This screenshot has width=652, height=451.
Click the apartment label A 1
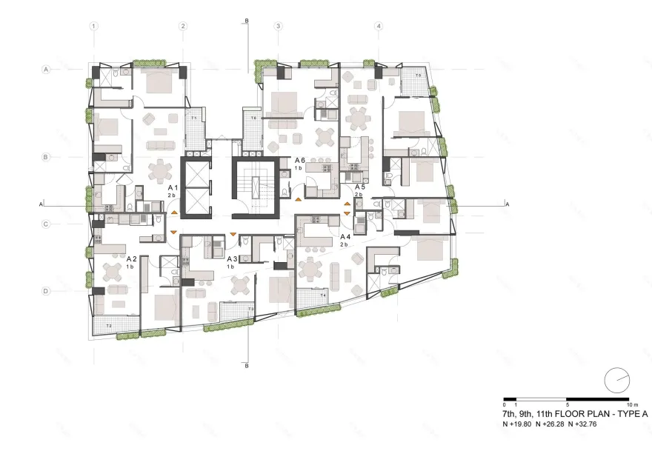pos(171,189)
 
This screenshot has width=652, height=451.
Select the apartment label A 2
pos(131,259)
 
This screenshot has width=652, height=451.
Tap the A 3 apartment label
pos(232,259)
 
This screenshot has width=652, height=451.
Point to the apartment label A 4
pos(345,237)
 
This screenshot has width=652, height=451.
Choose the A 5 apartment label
pos(359,187)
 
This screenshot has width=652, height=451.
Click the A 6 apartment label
pos(300,160)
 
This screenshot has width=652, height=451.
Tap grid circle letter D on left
pos(46,292)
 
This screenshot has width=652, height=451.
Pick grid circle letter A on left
pos(46,70)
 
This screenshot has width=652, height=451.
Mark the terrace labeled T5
pos(418,76)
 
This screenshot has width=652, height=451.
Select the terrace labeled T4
pos(322,296)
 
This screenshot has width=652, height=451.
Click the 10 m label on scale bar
pos(631,405)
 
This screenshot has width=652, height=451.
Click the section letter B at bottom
pos(245,366)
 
